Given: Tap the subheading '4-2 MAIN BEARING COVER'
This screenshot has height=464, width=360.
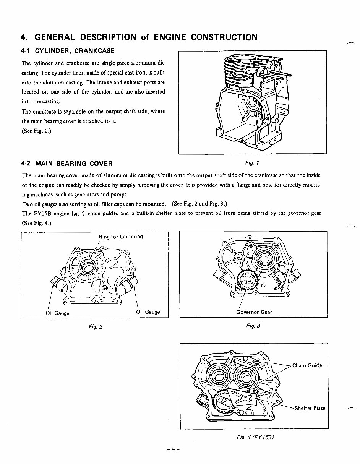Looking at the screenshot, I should (x=67, y=164).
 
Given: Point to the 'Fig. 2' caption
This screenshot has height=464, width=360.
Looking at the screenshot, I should (x=94, y=326).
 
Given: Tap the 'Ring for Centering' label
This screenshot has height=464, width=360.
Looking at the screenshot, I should (x=120, y=237).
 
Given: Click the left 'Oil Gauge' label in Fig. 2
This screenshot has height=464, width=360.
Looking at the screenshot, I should (x=57, y=313).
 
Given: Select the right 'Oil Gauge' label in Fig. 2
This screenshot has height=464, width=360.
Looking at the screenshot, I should (x=148, y=312).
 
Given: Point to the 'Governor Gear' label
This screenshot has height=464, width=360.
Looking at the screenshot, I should (x=254, y=312).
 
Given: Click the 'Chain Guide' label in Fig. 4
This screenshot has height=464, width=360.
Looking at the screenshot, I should (x=307, y=365).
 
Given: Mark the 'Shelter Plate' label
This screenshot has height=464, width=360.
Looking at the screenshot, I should (x=310, y=408).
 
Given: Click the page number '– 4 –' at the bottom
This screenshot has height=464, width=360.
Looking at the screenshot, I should (x=173, y=449).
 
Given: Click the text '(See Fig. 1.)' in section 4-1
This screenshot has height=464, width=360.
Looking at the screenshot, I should (x=37, y=131).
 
